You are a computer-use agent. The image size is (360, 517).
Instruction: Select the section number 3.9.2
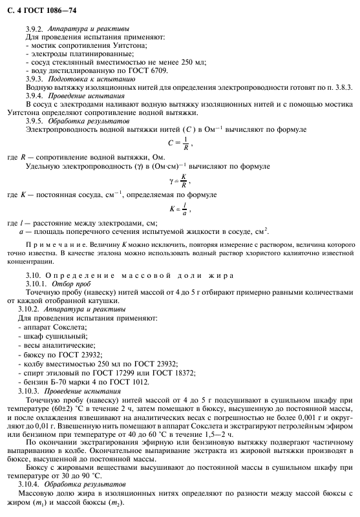[x=34, y=29]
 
